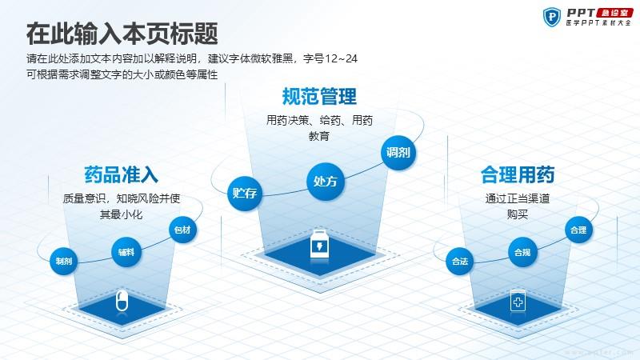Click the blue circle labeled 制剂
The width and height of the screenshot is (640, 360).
(x=64, y=261)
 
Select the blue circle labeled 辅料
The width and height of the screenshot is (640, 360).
(x=126, y=252)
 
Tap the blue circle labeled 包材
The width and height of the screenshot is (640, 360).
(x=182, y=230)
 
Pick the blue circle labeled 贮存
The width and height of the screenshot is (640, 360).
(x=245, y=193)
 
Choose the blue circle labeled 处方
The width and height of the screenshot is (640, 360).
(x=326, y=182)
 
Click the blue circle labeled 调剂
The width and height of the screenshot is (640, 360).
(x=398, y=153)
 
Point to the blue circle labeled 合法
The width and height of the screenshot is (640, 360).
(x=459, y=261)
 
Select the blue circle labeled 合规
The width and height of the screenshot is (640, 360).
(x=522, y=252)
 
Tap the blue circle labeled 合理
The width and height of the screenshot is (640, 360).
(x=578, y=230)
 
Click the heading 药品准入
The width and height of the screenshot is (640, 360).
(x=122, y=174)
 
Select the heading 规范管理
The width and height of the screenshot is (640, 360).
(x=319, y=96)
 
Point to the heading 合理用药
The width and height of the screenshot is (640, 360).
(x=518, y=174)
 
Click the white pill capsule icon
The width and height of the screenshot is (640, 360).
(x=122, y=301)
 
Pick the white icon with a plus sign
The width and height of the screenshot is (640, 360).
(x=518, y=302)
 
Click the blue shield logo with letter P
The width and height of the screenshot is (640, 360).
(x=552, y=17)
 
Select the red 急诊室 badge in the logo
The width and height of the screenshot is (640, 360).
(x=614, y=13)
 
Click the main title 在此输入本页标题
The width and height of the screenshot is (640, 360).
(x=122, y=34)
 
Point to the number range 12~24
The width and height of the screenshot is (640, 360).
(x=341, y=58)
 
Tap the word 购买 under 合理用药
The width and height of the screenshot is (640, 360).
(x=518, y=214)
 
